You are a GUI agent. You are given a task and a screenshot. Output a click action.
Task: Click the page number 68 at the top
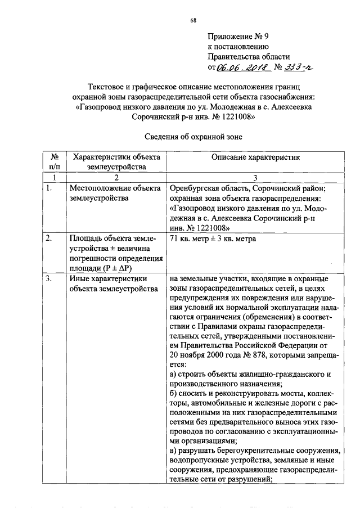(193, 20)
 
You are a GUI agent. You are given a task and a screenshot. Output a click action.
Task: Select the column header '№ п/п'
(55, 161)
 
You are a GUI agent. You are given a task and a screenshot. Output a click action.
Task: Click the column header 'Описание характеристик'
(256, 157)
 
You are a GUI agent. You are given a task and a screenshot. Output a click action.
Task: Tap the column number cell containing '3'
(256, 177)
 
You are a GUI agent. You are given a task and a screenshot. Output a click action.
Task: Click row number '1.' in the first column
(49, 188)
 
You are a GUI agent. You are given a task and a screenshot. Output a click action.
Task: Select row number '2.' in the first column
(49, 238)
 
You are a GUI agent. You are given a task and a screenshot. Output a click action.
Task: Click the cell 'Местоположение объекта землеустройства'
(108, 193)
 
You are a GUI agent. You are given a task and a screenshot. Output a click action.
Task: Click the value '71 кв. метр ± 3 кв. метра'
(213, 238)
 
